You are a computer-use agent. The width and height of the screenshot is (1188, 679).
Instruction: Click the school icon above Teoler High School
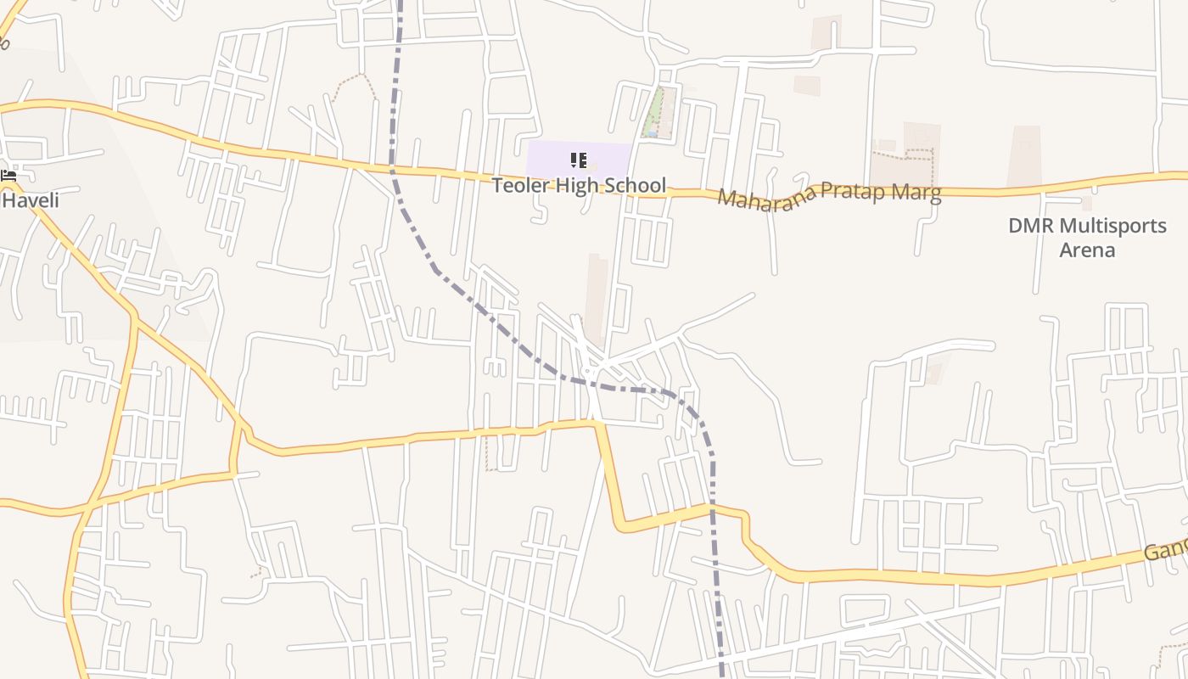[579, 160]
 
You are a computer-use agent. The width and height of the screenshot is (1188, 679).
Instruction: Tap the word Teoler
[519, 186]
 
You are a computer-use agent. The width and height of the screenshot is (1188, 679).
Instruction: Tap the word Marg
[920, 194]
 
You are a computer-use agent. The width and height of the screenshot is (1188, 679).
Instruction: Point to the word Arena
[1087, 250]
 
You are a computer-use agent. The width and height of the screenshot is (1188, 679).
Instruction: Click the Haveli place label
[31, 200]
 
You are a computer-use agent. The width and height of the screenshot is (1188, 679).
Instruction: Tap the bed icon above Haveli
[9, 176]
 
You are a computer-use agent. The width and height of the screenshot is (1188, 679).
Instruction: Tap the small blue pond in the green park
[647, 132]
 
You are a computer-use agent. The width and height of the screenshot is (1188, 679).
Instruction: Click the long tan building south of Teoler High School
[597, 297]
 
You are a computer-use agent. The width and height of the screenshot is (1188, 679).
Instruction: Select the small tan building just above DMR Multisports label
[1087, 204]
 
